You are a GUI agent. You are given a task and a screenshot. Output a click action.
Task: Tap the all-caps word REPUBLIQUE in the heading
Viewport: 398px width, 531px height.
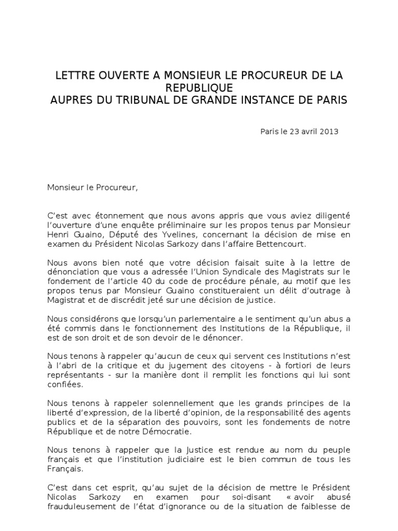coord(199,87)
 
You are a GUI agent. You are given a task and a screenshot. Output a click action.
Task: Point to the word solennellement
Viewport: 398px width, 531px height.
coord(170,402)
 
